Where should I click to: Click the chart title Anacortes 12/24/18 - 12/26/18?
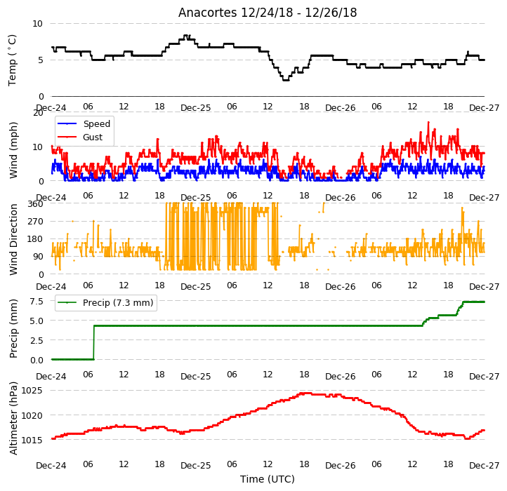coord(268,13)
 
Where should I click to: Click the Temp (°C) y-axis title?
coord(12,60)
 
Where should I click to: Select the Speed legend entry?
coord(84,123)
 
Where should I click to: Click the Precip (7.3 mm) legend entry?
coord(105,303)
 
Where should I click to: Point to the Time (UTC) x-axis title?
coord(268,478)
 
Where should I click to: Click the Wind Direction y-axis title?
coord(13,239)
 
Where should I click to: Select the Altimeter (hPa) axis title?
coord(13,418)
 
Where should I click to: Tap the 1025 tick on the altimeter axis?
coord(32,391)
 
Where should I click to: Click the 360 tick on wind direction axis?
coord(35,204)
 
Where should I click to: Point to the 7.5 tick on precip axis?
coord(37,302)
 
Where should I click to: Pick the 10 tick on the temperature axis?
coord(37,24)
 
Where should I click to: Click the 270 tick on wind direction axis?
coord(35,222)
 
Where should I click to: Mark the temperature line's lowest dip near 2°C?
coord(286,80)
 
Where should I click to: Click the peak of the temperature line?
coord(186,36)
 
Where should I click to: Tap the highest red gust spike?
coord(429,123)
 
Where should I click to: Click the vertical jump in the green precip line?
coord(94,342)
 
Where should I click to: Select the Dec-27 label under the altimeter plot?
coord(485,466)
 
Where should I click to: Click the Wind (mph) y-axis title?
coord(13,150)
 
